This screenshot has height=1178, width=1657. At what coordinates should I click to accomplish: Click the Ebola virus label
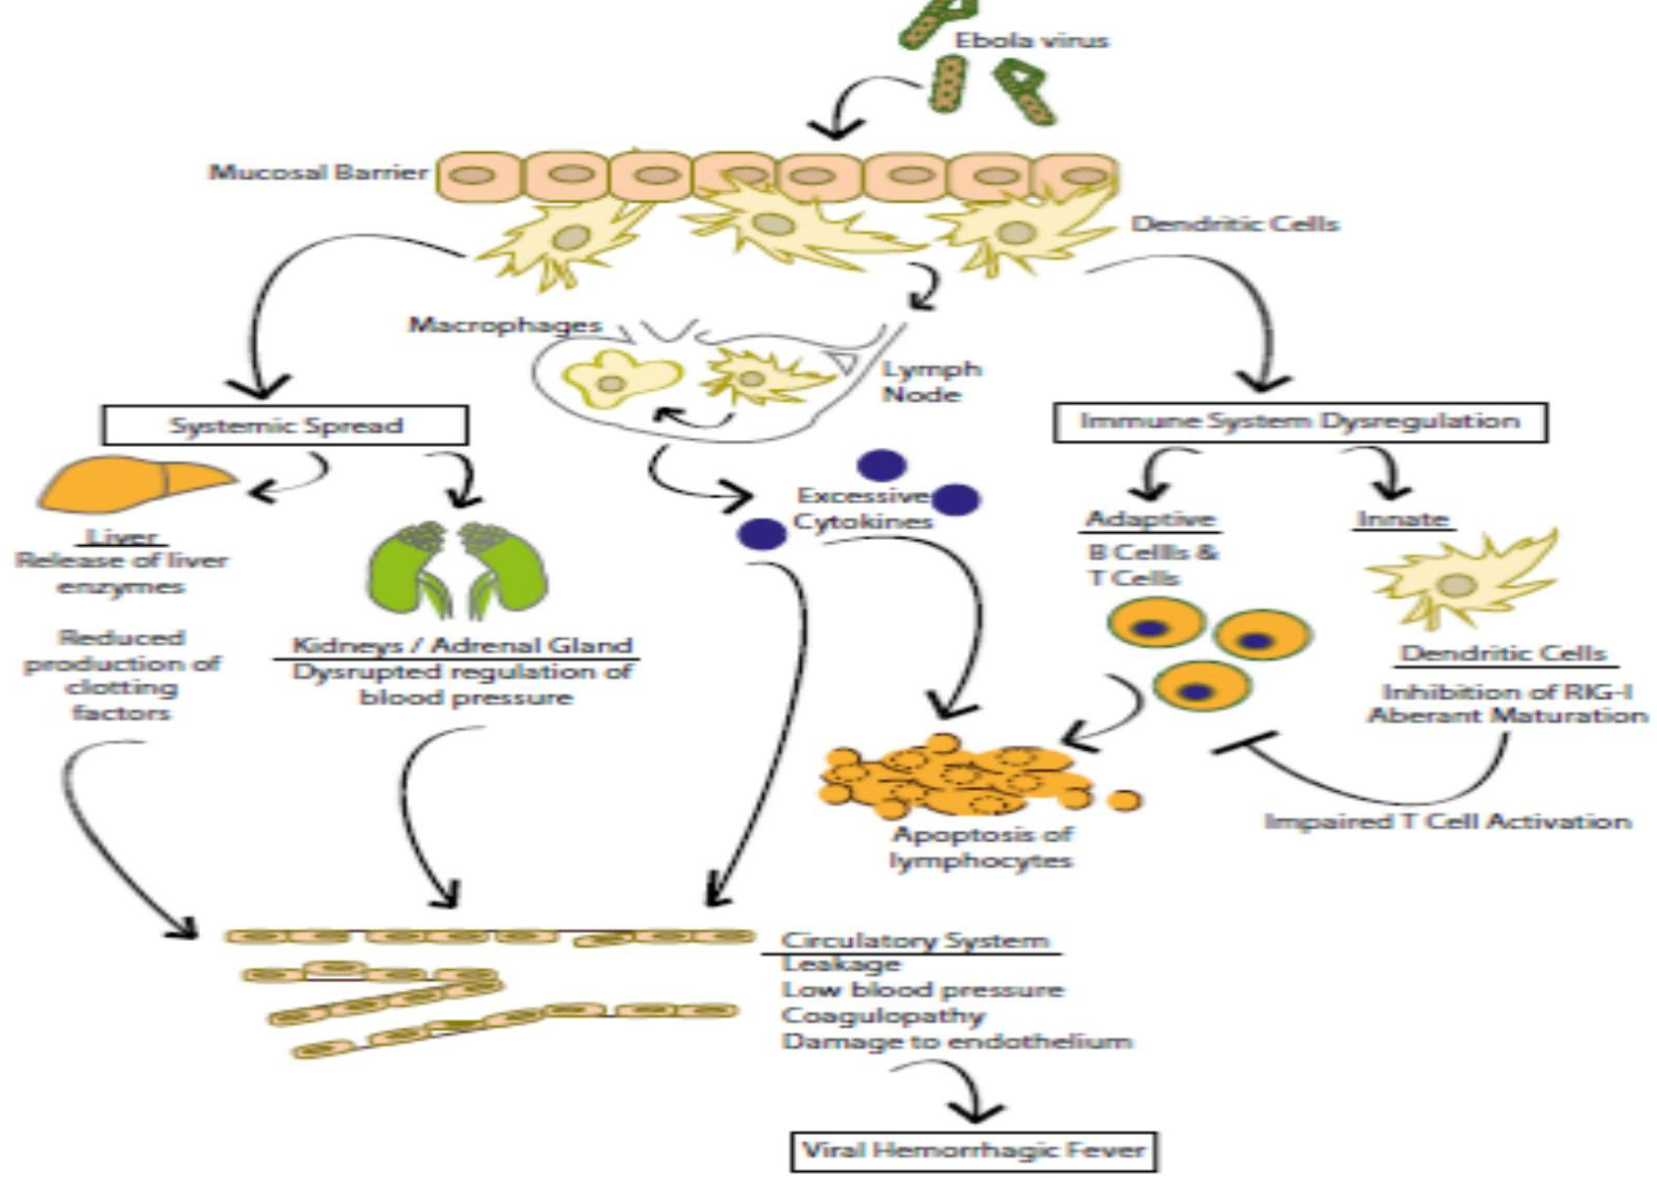click(x=1031, y=41)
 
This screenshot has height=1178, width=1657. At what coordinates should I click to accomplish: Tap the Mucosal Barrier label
click(x=318, y=172)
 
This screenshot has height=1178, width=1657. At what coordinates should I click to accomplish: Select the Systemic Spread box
click(x=285, y=425)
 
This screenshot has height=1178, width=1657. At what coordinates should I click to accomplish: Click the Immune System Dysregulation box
click(x=1300, y=421)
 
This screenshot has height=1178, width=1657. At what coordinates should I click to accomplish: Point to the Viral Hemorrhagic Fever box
click(x=974, y=1151)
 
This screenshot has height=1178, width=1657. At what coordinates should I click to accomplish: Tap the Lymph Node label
click(x=930, y=382)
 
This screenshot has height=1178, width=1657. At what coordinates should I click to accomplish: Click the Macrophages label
click(x=505, y=324)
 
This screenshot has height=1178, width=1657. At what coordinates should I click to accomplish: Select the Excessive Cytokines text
click(x=862, y=509)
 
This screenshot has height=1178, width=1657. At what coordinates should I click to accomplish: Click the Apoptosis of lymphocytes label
click(x=980, y=848)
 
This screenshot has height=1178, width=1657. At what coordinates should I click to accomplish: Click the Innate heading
click(x=1402, y=519)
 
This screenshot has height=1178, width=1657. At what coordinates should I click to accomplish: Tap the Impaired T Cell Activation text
click(x=1447, y=821)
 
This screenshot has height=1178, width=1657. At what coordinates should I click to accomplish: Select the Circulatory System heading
click(x=914, y=941)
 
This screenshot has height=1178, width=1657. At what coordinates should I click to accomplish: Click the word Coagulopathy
click(x=882, y=1015)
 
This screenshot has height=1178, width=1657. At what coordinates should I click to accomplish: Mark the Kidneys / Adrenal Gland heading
click(x=462, y=646)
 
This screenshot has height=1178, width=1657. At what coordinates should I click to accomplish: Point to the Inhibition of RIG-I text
click(x=1506, y=692)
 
